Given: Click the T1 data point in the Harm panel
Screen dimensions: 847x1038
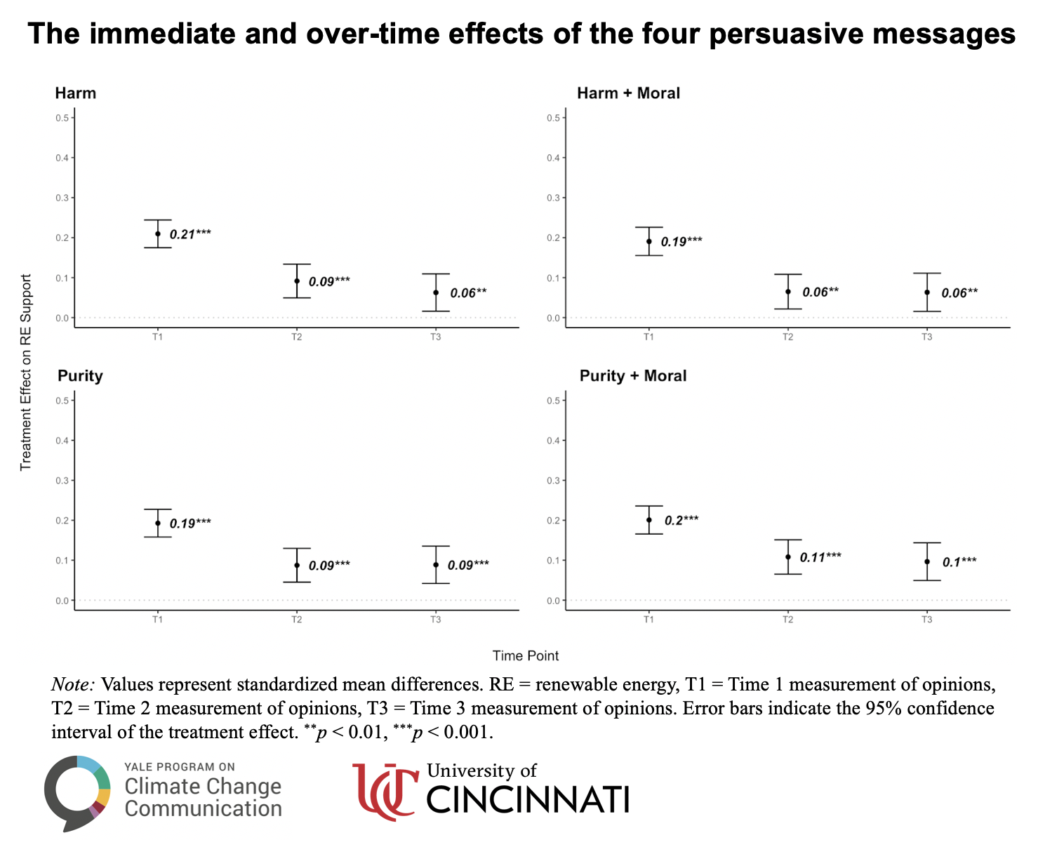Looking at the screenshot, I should pyautogui.click(x=158, y=234).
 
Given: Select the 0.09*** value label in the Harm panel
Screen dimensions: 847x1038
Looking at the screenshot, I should pyautogui.click(x=329, y=281).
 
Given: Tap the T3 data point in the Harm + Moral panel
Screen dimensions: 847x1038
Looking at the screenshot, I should pyautogui.click(x=927, y=292).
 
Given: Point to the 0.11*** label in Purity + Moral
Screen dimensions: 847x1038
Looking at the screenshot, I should pyautogui.click(x=820, y=557).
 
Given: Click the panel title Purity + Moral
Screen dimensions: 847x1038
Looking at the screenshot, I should pyautogui.click(x=633, y=376).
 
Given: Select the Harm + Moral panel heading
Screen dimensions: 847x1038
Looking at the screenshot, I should pyautogui.click(x=628, y=93).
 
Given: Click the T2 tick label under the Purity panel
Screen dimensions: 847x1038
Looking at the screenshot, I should pyautogui.click(x=297, y=619).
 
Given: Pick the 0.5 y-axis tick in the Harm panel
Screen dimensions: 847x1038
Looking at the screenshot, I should pyautogui.click(x=63, y=118).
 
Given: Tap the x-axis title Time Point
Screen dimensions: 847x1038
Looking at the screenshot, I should pyautogui.click(x=526, y=656).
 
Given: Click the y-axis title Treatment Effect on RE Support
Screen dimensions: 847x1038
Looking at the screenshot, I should pyautogui.click(x=26, y=372).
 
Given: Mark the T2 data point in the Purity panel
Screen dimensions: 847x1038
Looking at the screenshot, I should pyautogui.click(x=297, y=565).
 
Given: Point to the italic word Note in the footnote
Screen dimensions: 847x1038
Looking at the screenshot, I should pyautogui.click(x=74, y=685).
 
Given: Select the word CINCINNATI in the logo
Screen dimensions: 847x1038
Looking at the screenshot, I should pyautogui.click(x=528, y=800).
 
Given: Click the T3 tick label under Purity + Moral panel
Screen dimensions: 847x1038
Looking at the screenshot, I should pyautogui.click(x=927, y=619).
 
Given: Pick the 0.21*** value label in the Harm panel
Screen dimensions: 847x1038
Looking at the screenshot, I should pyautogui.click(x=190, y=234).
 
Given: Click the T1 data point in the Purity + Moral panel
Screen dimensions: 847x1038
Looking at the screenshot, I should pyautogui.click(x=649, y=520).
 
